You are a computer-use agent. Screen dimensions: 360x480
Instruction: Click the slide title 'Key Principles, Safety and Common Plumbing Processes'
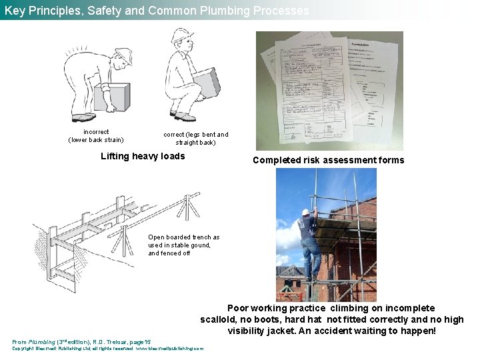click(x=157, y=11)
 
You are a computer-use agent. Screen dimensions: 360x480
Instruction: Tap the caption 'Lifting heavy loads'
click(x=143, y=157)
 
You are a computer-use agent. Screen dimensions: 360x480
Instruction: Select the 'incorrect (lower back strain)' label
click(x=96, y=136)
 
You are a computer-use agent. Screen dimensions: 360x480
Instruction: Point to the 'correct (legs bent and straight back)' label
click(x=195, y=139)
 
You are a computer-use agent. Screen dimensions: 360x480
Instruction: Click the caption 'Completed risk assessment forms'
click(x=328, y=160)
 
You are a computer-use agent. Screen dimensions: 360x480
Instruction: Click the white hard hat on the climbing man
click(x=306, y=213)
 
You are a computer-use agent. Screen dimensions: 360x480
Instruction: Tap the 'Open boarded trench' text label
click(x=183, y=245)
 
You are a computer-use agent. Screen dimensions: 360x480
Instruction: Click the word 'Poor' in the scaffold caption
click(x=239, y=308)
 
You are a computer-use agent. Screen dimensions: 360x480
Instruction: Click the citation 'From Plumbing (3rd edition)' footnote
click(x=81, y=341)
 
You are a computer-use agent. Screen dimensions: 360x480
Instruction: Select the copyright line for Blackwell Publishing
click(x=108, y=348)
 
